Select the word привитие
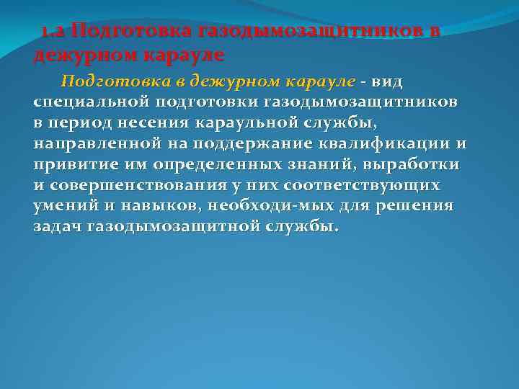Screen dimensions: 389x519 click(72, 164)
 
